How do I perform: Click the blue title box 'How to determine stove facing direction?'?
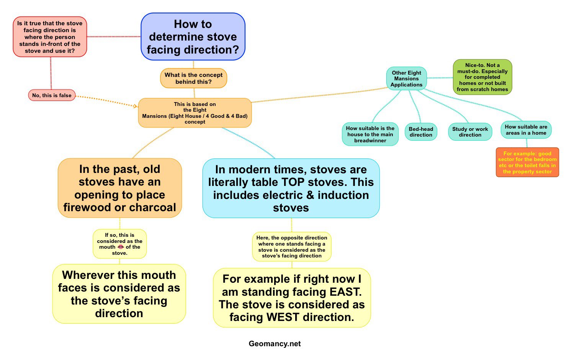point(193,37)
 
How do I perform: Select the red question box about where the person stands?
point(50,37)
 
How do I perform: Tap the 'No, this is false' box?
point(52,95)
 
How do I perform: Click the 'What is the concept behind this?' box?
point(193,78)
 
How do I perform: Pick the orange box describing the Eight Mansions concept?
point(195,113)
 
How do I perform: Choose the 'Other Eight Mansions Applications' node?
point(406,79)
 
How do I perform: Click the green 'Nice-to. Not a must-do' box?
point(482,77)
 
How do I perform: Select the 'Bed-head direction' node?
point(421,132)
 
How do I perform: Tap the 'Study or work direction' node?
point(470,132)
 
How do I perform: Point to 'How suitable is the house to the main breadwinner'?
point(370,134)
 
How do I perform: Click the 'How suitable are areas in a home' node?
point(526,130)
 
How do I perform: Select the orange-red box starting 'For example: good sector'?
point(527,163)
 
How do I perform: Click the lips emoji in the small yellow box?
point(121,247)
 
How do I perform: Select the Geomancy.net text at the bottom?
point(275,344)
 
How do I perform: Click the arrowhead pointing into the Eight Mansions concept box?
point(135,106)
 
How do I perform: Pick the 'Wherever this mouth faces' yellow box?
point(119,294)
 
